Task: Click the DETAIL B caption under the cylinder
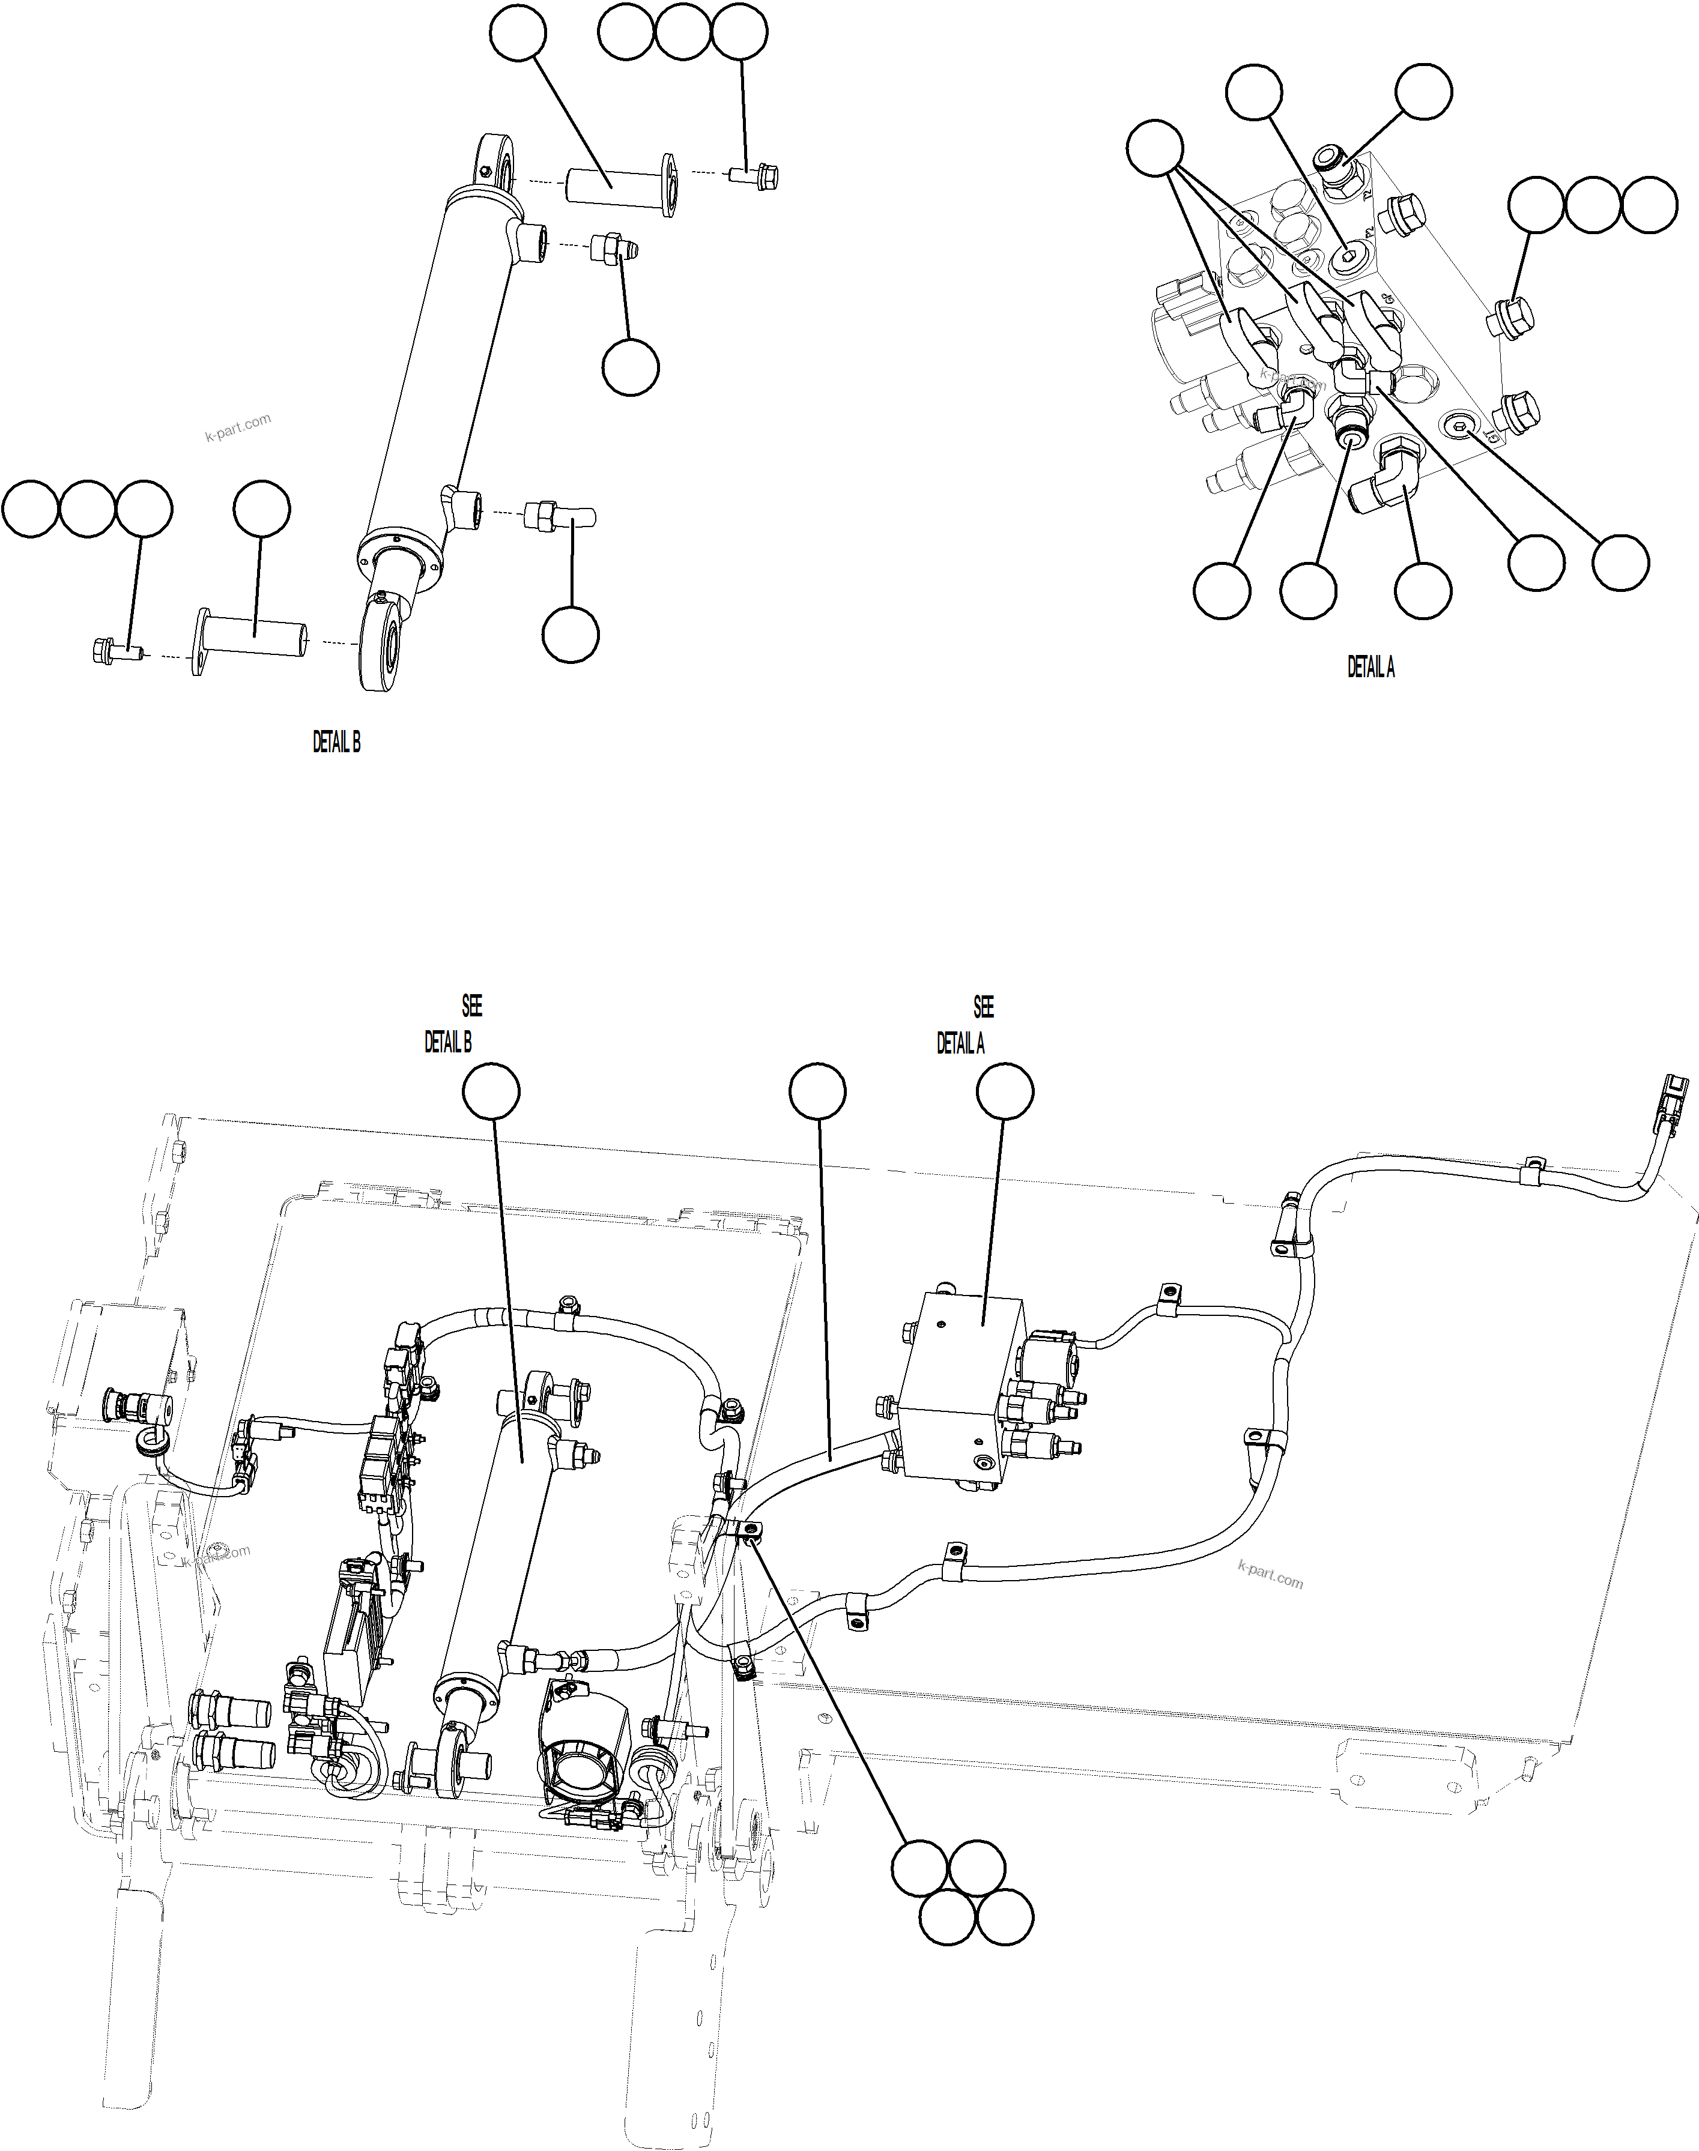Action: [336, 742]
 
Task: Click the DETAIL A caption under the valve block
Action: [1370, 668]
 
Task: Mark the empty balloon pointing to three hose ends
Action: [1155, 149]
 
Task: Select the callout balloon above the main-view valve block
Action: [1004, 1092]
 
